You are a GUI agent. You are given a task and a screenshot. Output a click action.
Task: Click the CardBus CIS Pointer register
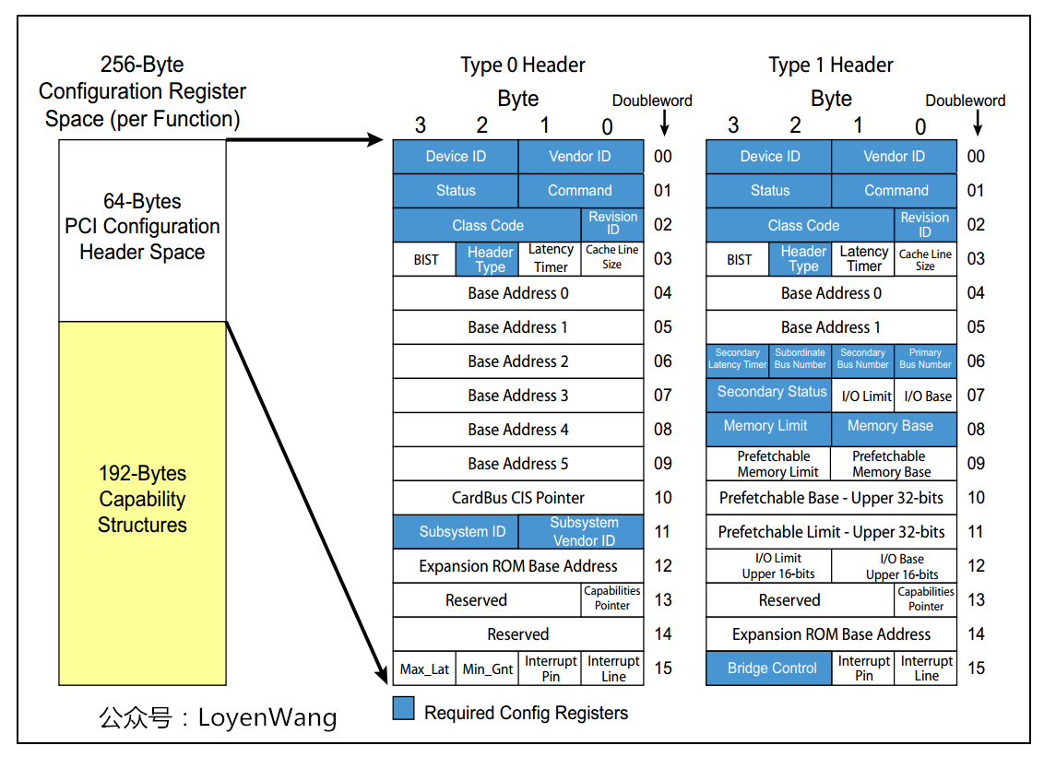coord(517,498)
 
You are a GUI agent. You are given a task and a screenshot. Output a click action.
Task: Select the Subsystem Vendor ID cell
coord(582,532)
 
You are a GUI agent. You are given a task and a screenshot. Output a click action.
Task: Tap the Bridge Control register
coord(771,668)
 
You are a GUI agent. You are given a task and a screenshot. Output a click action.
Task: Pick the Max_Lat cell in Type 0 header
coord(424,668)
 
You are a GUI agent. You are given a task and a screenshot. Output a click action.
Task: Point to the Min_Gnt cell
coord(487,668)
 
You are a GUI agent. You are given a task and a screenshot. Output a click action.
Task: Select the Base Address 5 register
coord(517,464)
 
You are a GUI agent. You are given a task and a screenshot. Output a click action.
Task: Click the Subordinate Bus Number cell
coord(801,360)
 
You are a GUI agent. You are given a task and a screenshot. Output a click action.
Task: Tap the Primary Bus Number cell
coord(925,360)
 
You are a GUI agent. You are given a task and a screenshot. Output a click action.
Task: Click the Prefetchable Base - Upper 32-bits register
coord(831,498)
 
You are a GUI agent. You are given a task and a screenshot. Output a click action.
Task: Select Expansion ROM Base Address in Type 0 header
coord(517,566)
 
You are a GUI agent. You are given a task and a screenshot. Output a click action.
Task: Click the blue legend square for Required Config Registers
coord(403,709)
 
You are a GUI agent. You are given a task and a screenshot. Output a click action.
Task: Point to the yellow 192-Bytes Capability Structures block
coord(142,503)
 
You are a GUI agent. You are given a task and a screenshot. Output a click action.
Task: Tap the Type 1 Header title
coord(830,65)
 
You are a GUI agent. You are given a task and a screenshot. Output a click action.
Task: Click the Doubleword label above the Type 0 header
coord(652,101)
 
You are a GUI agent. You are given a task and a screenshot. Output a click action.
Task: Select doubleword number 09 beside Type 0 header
coord(663,464)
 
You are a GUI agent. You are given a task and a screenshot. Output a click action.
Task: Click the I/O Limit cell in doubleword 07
coord(865,396)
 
